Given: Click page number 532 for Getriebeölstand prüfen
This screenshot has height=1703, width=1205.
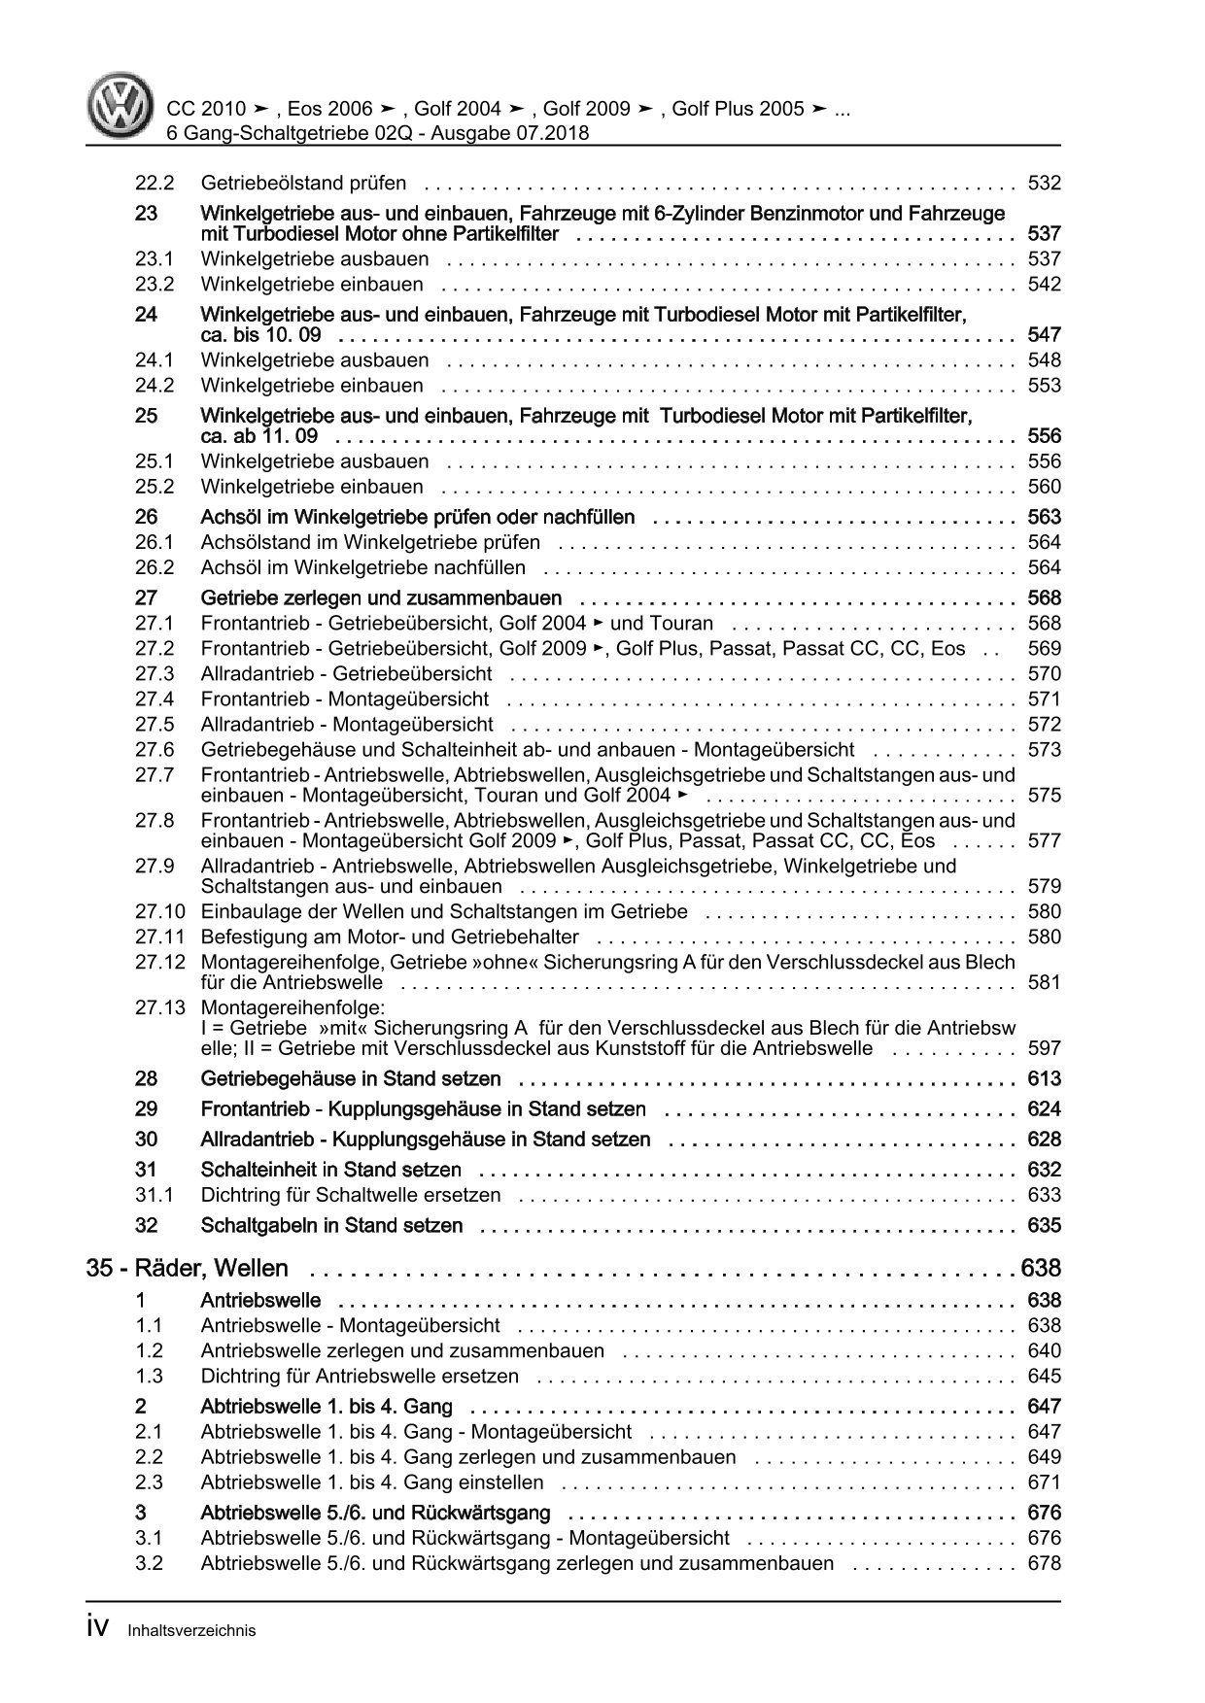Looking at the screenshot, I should pos(1044,183).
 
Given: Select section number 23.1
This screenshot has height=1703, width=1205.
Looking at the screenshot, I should pos(155,258).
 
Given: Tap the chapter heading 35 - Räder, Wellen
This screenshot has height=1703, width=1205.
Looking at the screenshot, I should pos(188,1268).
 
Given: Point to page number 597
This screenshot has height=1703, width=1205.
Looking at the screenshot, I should pos(1044,1048).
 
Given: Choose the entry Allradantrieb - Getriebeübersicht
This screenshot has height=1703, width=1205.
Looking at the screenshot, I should pos(346,673).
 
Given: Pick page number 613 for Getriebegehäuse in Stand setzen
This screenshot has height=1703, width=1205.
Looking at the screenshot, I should pos(1044,1078).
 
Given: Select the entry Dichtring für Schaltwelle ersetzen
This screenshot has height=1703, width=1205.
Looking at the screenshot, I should pos(351,1195).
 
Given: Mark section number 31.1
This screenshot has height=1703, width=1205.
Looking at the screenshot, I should pos(155,1195).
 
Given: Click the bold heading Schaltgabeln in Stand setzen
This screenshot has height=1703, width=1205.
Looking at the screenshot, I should pos(331,1225).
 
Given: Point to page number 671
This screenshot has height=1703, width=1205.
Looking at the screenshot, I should pos(1044,1482).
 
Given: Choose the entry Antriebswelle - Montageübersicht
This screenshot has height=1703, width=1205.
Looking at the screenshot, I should pos(350,1325).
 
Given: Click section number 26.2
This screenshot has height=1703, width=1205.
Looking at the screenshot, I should pos(155,567).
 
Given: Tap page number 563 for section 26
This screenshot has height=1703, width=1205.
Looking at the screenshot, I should pos(1044,517).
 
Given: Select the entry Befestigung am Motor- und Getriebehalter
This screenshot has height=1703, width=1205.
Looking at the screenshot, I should pos(390,937).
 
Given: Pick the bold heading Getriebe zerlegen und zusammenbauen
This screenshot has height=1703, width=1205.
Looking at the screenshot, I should pos(381,597).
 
